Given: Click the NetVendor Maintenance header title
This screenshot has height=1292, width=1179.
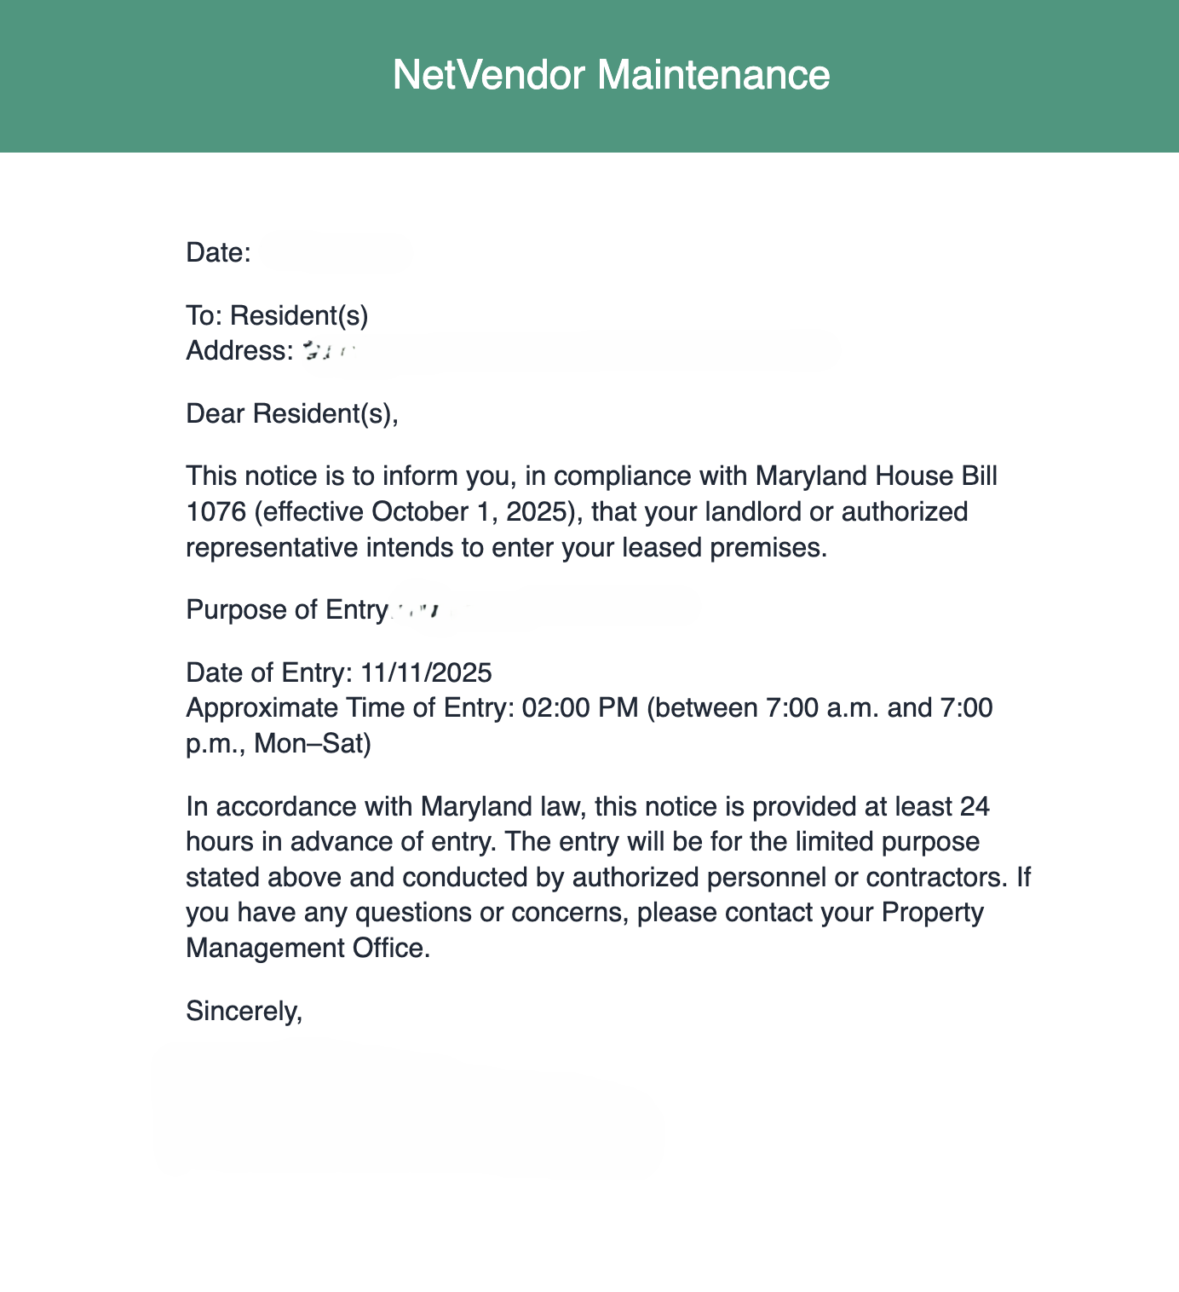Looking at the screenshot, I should pos(611,75).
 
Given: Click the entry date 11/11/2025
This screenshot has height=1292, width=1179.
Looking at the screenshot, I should pos(426,672).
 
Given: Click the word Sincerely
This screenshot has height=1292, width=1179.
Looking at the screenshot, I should pos(244,1011).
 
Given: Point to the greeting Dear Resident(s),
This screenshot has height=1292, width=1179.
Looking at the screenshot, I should pos(292,413).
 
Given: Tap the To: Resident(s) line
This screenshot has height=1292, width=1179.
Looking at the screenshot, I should pos(277,315).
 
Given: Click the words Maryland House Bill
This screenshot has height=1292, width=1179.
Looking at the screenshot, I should pos(876,476).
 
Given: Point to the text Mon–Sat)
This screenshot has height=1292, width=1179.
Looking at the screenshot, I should pos(313,744).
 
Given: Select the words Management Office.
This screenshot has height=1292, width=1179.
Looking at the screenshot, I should pos(307,948).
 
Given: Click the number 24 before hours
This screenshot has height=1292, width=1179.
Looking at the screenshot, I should pos(974,806).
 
